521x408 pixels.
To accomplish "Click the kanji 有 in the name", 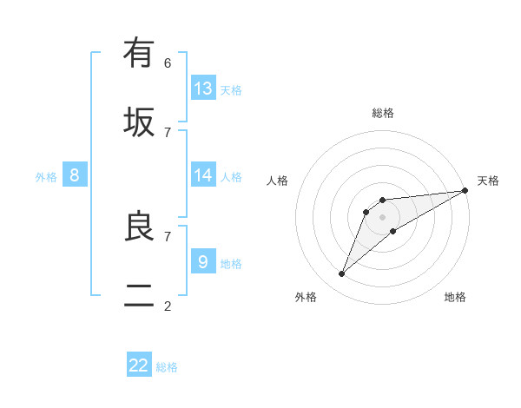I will pyautogui.click(x=139, y=54).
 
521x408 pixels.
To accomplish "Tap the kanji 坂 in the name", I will pyautogui.click(x=139, y=122).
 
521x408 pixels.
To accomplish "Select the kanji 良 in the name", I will pyautogui.click(x=139, y=227).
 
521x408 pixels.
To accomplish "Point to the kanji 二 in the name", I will pyautogui.click(x=139, y=296).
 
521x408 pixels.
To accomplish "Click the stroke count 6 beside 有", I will pyautogui.click(x=168, y=63).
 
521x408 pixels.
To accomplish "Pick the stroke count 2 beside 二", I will pyautogui.click(x=168, y=306).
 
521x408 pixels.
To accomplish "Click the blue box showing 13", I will pyautogui.click(x=203, y=89).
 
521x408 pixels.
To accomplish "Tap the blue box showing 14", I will pyautogui.click(x=203, y=175).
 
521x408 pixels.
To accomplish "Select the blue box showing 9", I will pyautogui.click(x=203, y=261).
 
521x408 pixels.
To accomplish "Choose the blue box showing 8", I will pyautogui.click(x=75, y=175).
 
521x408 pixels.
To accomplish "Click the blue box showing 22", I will pyautogui.click(x=139, y=365).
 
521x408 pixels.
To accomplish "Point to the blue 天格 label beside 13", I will pyautogui.click(x=231, y=90).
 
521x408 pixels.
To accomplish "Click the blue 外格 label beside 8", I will pyautogui.click(x=46, y=177).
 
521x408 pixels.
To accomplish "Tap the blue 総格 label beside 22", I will pyautogui.click(x=167, y=367).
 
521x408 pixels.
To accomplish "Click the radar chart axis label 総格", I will pyautogui.click(x=383, y=113).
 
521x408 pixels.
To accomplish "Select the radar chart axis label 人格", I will pyautogui.click(x=278, y=181).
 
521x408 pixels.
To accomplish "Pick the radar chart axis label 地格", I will pyautogui.click(x=455, y=297).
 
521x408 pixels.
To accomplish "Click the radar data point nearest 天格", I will pyautogui.click(x=465, y=191).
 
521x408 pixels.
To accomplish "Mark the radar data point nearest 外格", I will pyautogui.click(x=341, y=274).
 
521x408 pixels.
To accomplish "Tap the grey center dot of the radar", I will pyautogui.click(x=382, y=216).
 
